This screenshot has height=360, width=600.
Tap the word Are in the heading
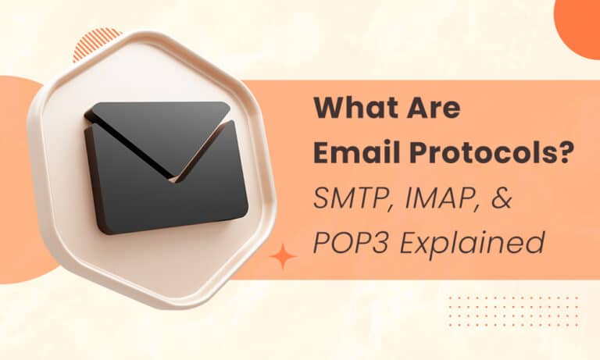[433, 109]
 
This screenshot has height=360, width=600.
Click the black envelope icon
[166, 168]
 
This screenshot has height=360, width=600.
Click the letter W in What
[330, 109]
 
